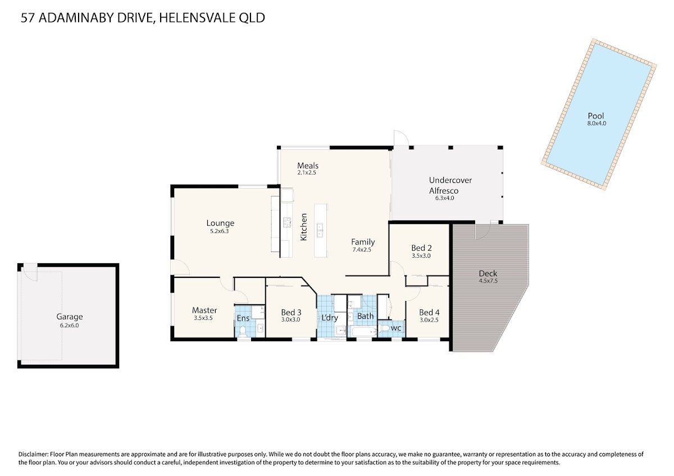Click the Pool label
tap(596, 116)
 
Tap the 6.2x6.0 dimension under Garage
tap(69, 325)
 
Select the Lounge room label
tap(220, 223)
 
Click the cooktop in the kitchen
tap(287, 222)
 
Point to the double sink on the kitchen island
tap(320, 230)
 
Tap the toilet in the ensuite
tap(243, 331)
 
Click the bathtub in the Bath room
tap(364, 332)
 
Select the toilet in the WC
tap(384, 328)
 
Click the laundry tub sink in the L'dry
tap(341, 331)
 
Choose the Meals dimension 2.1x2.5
tap(307, 172)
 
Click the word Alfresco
tap(444, 191)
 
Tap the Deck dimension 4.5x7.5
tap(488, 281)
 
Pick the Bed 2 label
tap(421, 248)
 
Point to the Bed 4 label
tap(429, 313)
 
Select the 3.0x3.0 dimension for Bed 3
tap(290, 319)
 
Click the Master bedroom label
tap(204, 310)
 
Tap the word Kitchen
tap(304, 227)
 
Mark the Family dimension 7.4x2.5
tap(361, 250)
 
